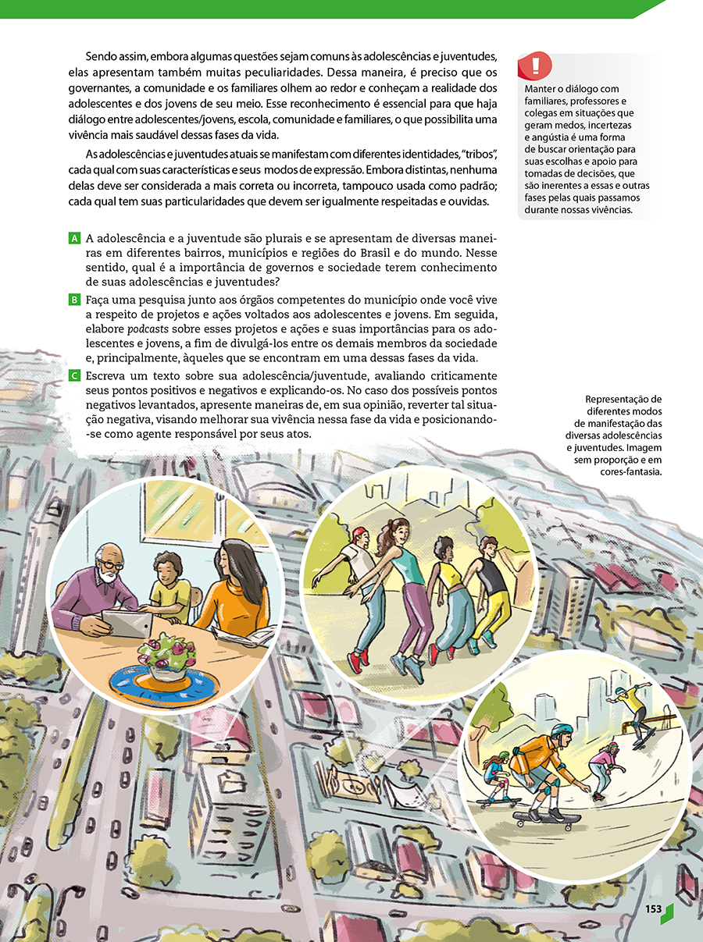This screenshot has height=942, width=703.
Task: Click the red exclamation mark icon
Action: tap(535, 66)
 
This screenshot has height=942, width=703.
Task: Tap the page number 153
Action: tap(653, 909)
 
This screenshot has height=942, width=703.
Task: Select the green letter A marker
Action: tap(75, 237)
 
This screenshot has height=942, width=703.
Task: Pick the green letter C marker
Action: tap(75, 376)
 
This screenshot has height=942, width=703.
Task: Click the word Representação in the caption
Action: tap(623, 400)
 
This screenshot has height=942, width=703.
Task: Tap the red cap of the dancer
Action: tap(359, 533)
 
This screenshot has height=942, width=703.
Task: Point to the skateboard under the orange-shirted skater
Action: tap(548, 818)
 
